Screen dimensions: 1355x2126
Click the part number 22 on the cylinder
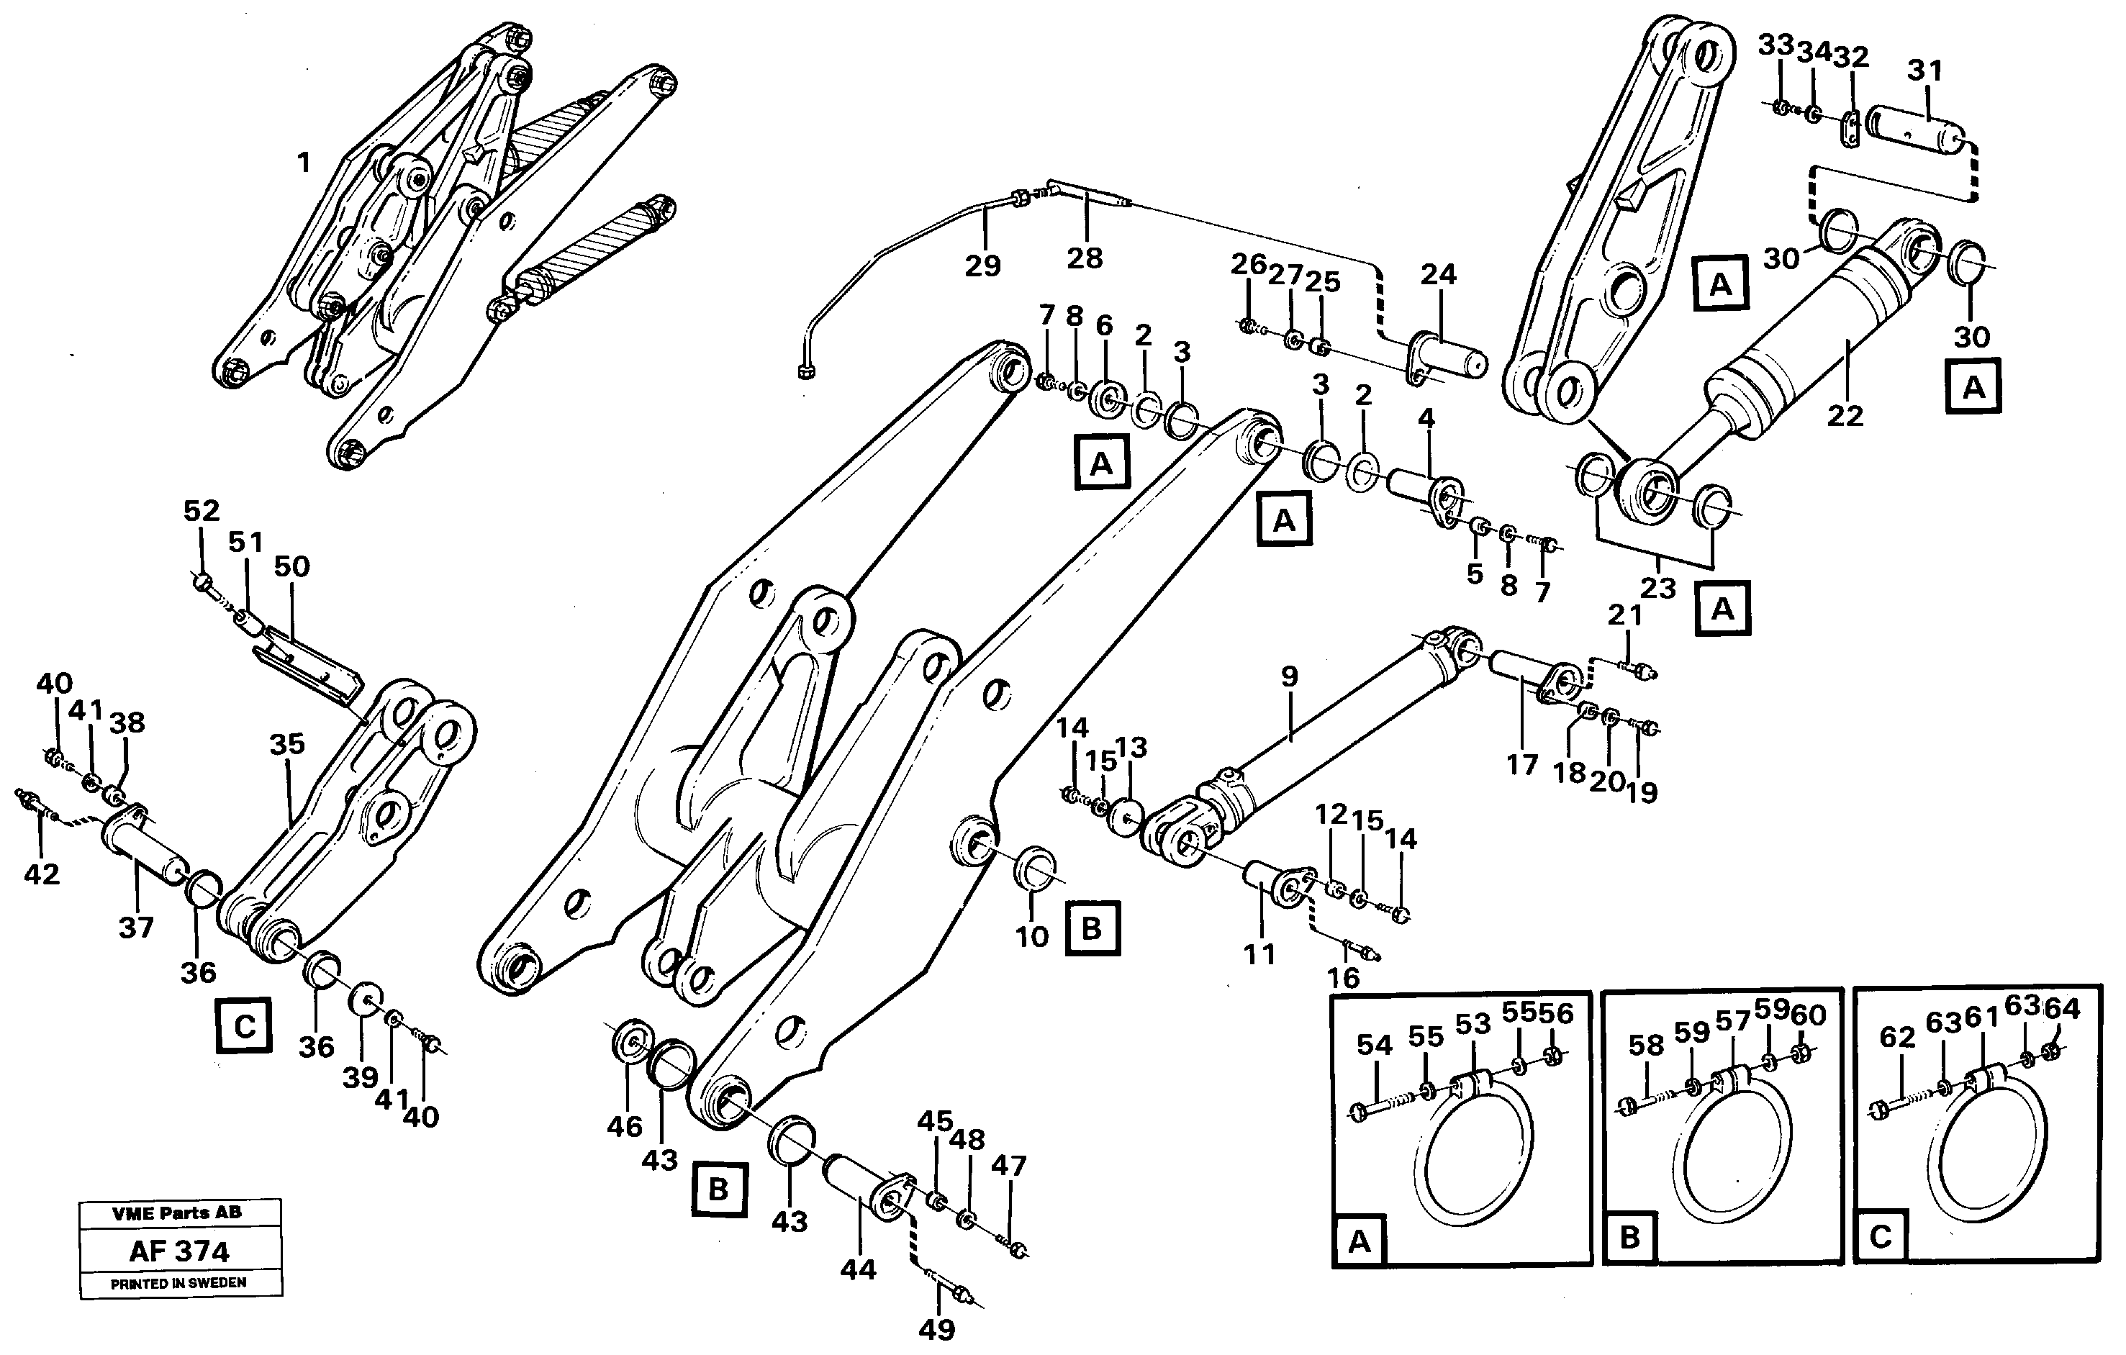click(1845, 415)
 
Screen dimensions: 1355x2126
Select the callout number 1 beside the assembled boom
click(304, 163)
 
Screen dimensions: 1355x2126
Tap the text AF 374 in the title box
click(179, 1251)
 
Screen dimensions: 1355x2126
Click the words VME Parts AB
click(176, 1213)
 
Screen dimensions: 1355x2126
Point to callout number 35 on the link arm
click(287, 744)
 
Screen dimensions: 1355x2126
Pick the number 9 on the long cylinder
click(1289, 677)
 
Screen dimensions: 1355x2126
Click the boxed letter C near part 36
click(245, 1027)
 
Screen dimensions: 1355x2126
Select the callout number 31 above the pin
click(1924, 70)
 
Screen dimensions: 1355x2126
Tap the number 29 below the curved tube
click(982, 265)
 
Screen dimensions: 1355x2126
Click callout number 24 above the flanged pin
click(1438, 275)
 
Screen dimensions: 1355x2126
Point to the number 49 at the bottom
click(937, 1328)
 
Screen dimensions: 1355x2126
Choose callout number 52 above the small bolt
click(202, 510)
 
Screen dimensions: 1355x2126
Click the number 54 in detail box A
click(1375, 1045)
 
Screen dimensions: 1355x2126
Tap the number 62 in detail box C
click(1897, 1037)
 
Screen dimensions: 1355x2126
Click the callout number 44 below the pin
click(858, 1269)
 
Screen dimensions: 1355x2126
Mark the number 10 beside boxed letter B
click(1031, 937)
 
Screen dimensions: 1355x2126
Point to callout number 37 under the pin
click(136, 927)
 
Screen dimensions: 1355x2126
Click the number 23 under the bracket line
click(1657, 588)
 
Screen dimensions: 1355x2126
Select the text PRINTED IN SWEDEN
click(178, 1282)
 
